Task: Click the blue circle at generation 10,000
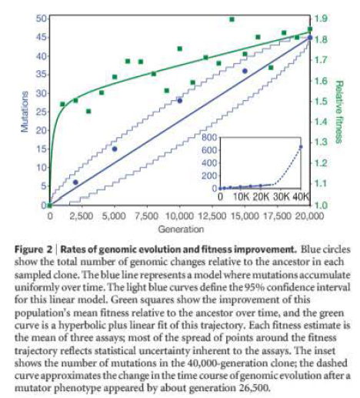pyautogui.click(x=180, y=101)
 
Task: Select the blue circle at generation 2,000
pyautogui.click(x=75, y=182)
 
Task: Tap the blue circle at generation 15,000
pyautogui.click(x=245, y=71)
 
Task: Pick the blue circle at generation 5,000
pyautogui.click(x=115, y=149)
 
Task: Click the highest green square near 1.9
pyautogui.click(x=232, y=19)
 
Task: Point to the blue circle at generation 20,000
pyautogui.click(x=310, y=38)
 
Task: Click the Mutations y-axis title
pyautogui.click(x=25, y=112)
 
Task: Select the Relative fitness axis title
pyautogui.click(x=339, y=112)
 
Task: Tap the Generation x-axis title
pyautogui.click(x=181, y=229)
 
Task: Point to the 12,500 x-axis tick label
pyautogui.click(x=212, y=216)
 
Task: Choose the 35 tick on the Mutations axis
pyautogui.click(x=41, y=75)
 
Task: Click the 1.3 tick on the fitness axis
pyautogui.click(x=321, y=142)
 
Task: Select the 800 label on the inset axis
pyautogui.click(x=209, y=137)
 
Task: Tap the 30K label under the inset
pyautogui.click(x=281, y=197)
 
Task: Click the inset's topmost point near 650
pyautogui.click(x=301, y=147)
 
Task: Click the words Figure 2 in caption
pyautogui.click(x=33, y=249)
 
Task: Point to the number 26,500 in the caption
pyautogui.click(x=252, y=388)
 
